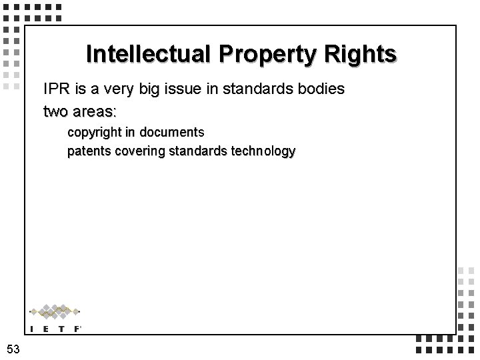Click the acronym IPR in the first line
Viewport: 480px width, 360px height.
click(x=56, y=89)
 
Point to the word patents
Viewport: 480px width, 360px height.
click(x=89, y=151)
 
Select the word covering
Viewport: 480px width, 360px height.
click(x=140, y=151)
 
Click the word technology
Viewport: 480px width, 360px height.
click(x=261, y=151)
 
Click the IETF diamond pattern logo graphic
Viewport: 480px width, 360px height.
click(x=55, y=311)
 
